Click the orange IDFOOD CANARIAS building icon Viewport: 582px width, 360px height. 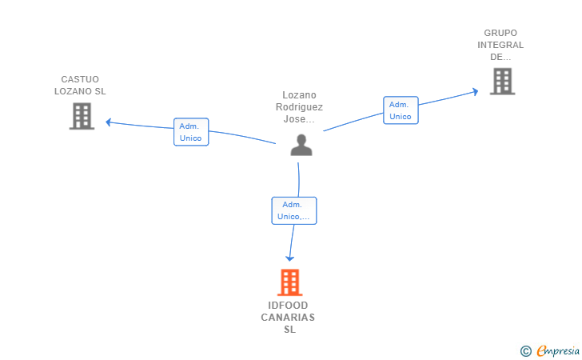click(290, 282)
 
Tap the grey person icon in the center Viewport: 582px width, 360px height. click(301, 145)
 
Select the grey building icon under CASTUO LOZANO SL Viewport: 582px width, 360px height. click(82, 116)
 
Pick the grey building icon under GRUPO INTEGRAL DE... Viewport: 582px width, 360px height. click(503, 82)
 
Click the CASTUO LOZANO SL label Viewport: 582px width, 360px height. click(80, 85)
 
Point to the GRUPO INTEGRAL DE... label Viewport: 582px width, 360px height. click(500, 45)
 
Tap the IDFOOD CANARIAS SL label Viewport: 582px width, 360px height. click(288, 318)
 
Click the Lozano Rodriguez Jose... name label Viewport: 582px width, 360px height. click(299, 107)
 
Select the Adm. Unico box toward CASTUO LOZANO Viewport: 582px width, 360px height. click(191, 132)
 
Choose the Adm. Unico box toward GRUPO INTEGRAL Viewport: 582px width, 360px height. click(401, 110)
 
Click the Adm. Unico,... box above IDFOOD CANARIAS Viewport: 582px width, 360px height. click(294, 210)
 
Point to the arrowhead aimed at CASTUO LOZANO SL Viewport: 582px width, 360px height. click(109, 122)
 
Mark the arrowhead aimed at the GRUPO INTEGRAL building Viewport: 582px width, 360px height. click(476, 91)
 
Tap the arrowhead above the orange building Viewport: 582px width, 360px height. click(290, 258)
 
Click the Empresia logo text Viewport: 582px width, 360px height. click(558, 350)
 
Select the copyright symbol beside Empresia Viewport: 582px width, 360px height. click(526, 351)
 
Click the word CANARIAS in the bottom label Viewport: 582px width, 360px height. click(288, 318)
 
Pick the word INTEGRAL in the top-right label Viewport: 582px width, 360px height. click(500, 45)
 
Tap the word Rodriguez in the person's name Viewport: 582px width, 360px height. click(299, 107)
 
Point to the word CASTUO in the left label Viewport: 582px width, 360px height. click(80, 79)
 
